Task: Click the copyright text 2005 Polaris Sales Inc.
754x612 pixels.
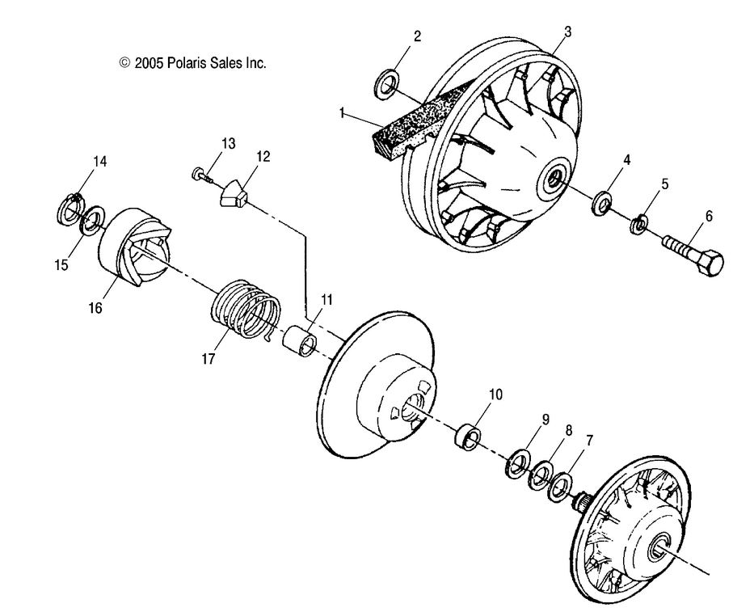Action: click(x=192, y=62)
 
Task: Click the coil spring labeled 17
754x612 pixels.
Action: click(x=246, y=308)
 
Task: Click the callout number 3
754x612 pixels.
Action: click(x=567, y=32)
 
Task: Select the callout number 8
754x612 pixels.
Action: click(x=568, y=432)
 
